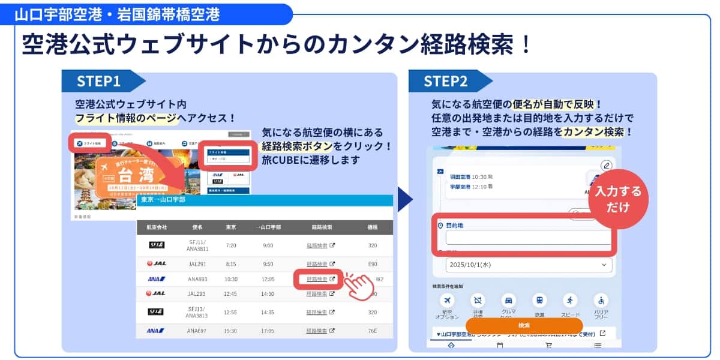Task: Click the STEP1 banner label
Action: [98, 81]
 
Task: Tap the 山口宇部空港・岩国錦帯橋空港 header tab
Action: [117, 13]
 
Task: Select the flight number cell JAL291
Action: [197, 263]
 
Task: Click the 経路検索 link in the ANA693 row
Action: [317, 279]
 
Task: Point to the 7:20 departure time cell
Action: [231, 245]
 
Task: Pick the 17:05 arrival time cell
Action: [268, 331]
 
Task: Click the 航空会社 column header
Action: [157, 228]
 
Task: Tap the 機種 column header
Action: [373, 228]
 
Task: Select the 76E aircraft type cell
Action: [373, 331]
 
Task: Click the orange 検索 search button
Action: [524, 325]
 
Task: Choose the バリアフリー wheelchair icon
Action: [601, 301]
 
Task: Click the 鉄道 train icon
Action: [539, 301]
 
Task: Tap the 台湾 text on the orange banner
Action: [137, 176]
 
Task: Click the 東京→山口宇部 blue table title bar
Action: [264, 200]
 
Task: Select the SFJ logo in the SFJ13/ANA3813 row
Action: [157, 312]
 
